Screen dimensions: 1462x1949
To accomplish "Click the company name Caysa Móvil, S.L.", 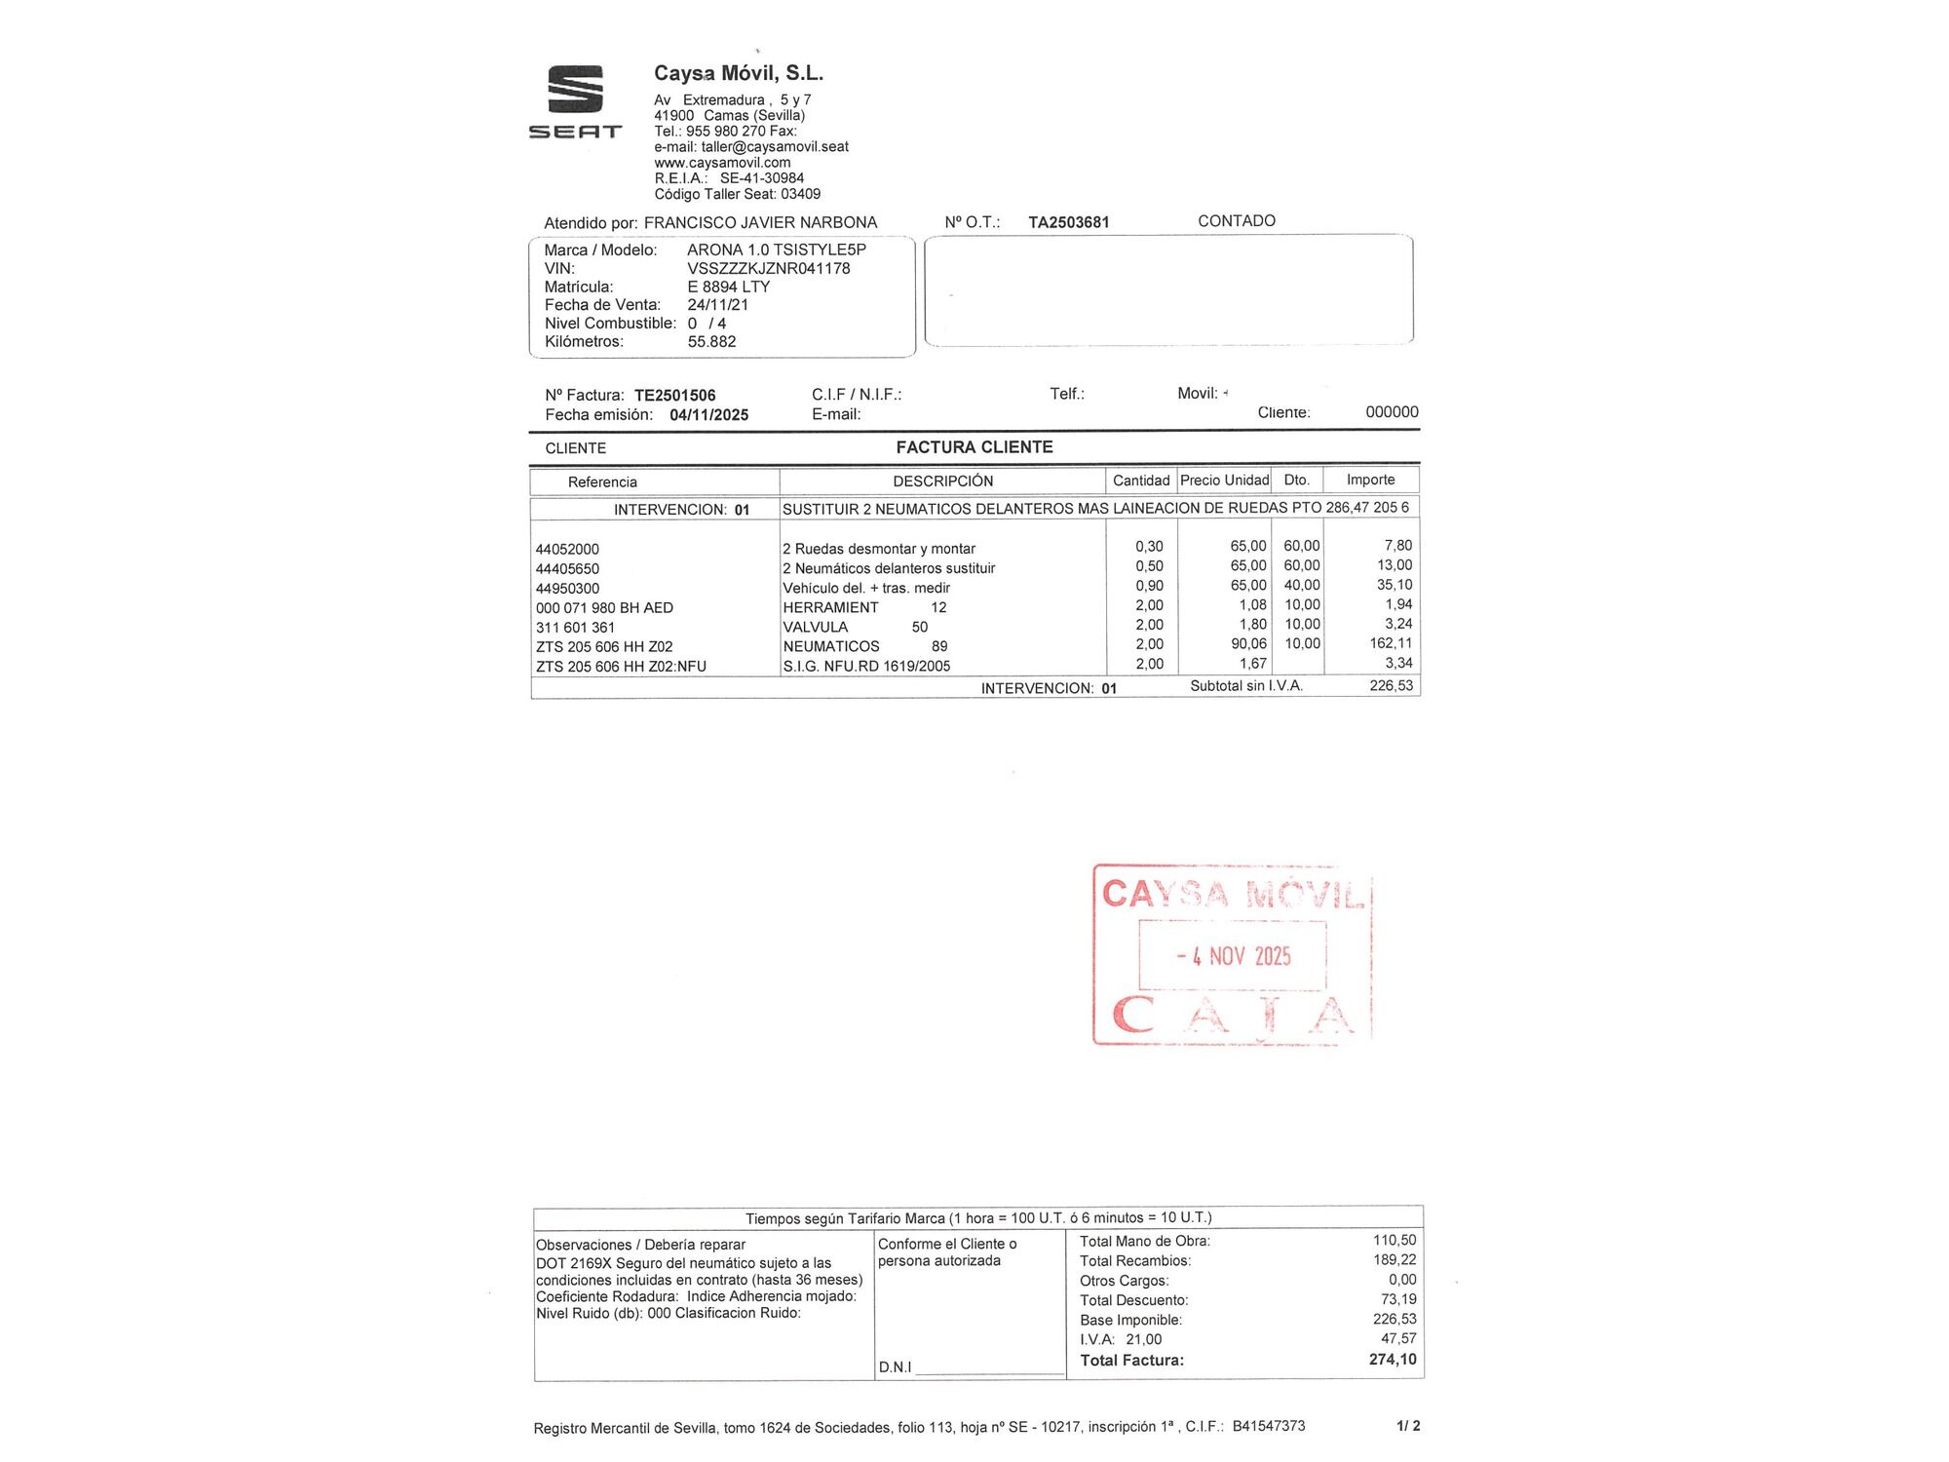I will tap(738, 73).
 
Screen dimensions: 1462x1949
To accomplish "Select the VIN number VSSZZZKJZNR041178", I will tap(768, 268).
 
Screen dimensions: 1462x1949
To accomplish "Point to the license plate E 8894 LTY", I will tap(728, 287).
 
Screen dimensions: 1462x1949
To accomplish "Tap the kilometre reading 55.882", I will tap(711, 341).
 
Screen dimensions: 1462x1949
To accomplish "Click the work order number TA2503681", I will tap(1068, 222).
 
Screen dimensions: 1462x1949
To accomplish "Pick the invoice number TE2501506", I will tap(674, 395).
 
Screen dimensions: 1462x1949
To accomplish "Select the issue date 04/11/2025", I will tap(708, 414).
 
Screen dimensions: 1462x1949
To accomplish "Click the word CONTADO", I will tap(1236, 221).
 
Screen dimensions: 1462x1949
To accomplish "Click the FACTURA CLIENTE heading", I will tap(974, 447).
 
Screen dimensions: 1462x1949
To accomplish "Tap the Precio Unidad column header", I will tap(1224, 480).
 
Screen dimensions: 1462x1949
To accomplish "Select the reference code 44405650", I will tap(567, 568).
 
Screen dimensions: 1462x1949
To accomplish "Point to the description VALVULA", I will tap(815, 627).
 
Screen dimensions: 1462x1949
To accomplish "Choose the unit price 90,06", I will tap(1248, 643).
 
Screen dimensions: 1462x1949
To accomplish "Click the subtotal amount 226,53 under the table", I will tap(1391, 685).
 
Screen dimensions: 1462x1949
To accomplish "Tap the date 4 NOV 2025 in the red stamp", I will tap(1233, 955).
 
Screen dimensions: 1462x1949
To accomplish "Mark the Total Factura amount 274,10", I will tap(1392, 1359).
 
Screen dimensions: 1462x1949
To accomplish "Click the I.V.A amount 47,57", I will tap(1398, 1338).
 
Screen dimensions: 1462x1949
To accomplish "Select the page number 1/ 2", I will tap(1407, 1426).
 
